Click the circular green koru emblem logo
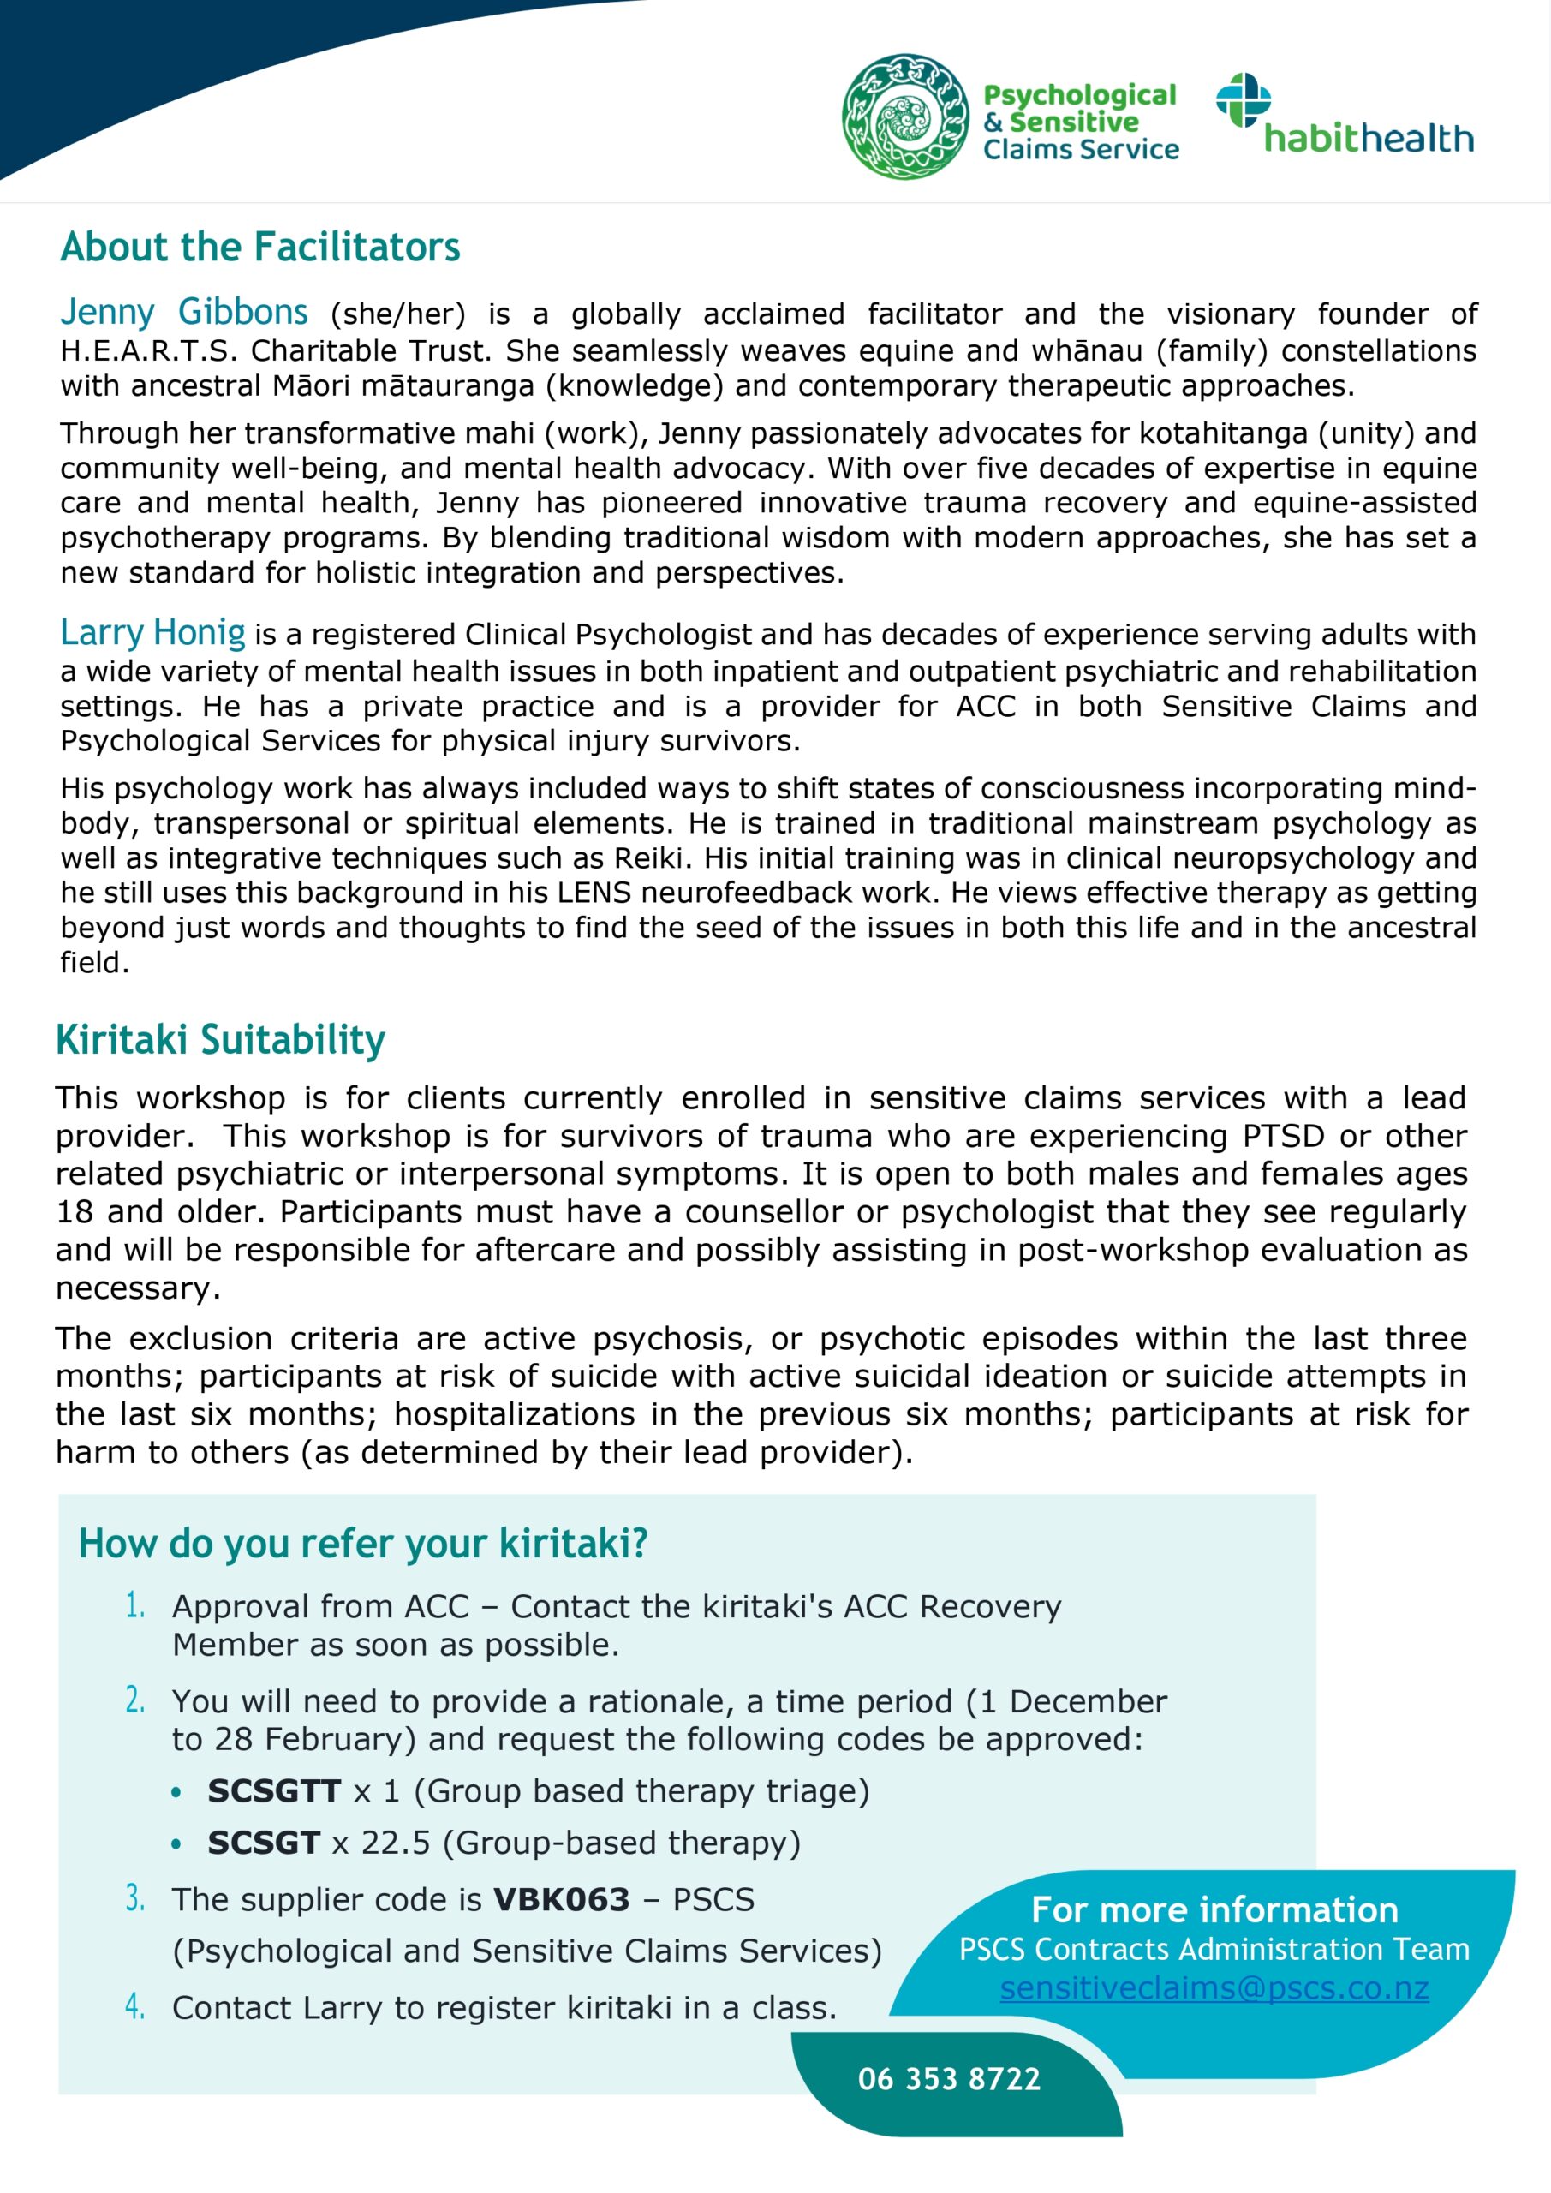[x=904, y=117]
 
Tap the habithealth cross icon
[x=1243, y=99]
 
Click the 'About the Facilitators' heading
[x=259, y=248]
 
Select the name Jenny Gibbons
[x=184, y=313]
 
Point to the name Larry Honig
[x=152, y=632]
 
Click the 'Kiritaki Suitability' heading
[x=221, y=1039]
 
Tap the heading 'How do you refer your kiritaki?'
[x=363, y=1544]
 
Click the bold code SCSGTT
[x=274, y=1791]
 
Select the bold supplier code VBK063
[x=562, y=1900]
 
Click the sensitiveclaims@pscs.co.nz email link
[x=1214, y=1987]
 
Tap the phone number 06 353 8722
[x=948, y=2079]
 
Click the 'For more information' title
[x=1214, y=1909]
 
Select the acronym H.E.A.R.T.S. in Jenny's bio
[x=148, y=350]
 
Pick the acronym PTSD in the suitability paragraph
[x=1284, y=1136]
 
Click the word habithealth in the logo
[x=1369, y=140]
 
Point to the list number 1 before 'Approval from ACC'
[x=134, y=1605]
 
